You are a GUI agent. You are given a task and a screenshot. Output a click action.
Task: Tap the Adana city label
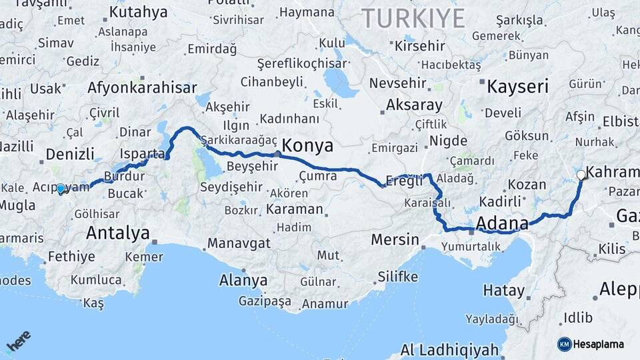click(x=503, y=223)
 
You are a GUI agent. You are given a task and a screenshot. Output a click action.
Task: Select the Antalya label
click(x=117, y=233)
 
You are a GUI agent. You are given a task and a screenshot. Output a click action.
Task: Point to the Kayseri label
click(x=517, y=87)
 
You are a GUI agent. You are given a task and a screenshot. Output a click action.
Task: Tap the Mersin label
click(x=395, y=240)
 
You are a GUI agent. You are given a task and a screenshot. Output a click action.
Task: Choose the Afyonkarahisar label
click(x=142, y=87)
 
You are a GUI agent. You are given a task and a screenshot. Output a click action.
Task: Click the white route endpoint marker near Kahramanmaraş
click(x=581, y=175)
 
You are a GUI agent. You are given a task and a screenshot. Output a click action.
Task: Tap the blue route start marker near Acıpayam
click(x=61, y=189)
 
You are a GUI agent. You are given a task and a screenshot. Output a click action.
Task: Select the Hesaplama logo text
click(x=599, y=344)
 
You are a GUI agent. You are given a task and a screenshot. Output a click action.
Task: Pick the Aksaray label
click(x=414, y=105)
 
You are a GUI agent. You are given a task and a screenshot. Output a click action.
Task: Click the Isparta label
click(x=141, y=154)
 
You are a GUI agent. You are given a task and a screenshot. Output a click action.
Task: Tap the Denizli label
click(x=70, y=155)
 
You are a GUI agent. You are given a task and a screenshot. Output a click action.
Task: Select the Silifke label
click(x=398, y=276)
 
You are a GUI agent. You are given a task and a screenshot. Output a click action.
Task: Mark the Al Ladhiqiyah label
click(x=450, y=350)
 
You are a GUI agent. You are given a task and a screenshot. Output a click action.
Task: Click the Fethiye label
click(x=71, y=256)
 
